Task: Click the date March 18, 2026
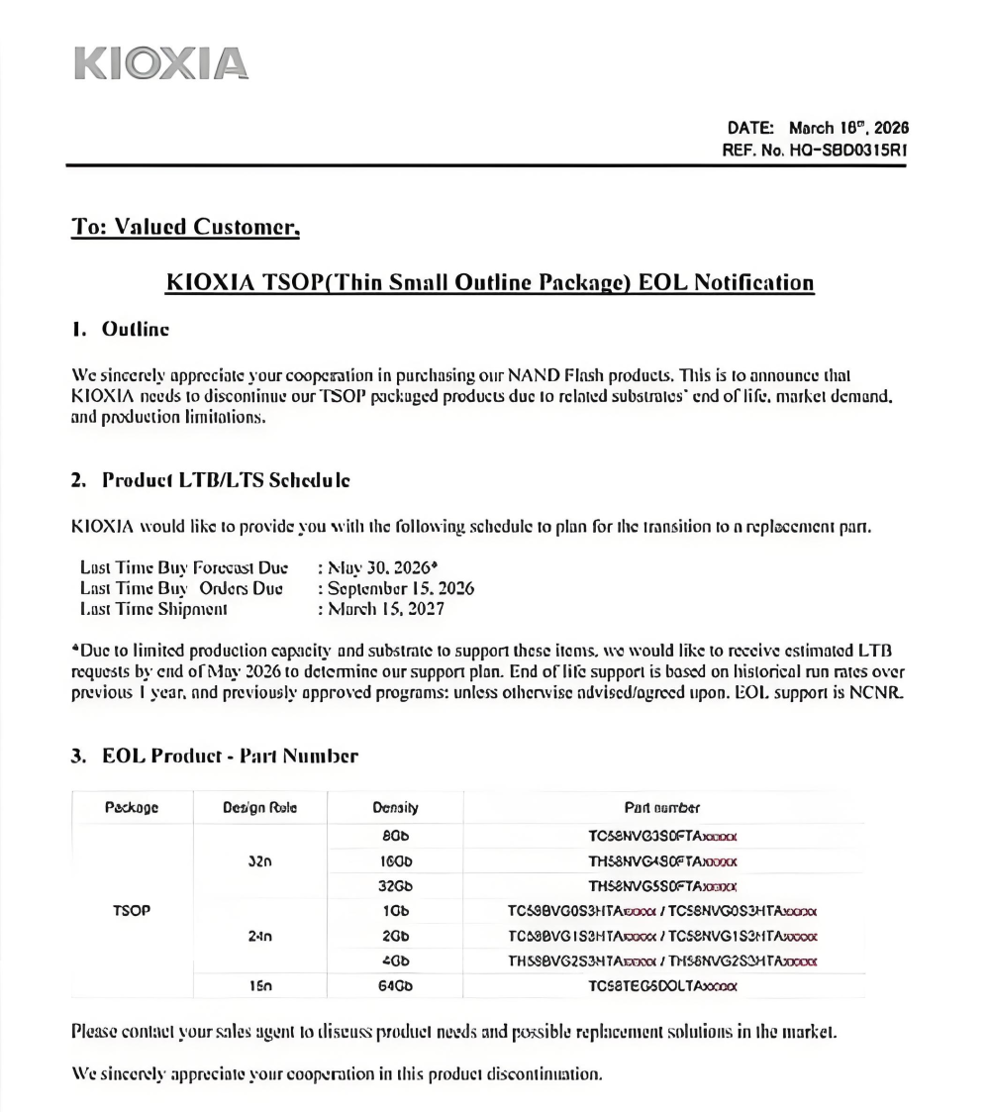coord(848,128)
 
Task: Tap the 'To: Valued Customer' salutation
coord(185,228)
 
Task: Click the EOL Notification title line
coord(490,283)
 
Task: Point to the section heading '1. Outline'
coord(120,330)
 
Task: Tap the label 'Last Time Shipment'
coord(152,609)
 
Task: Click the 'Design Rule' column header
coord(259,807)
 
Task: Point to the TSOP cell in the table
coord(132,909)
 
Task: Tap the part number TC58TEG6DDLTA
coord(662,985)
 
